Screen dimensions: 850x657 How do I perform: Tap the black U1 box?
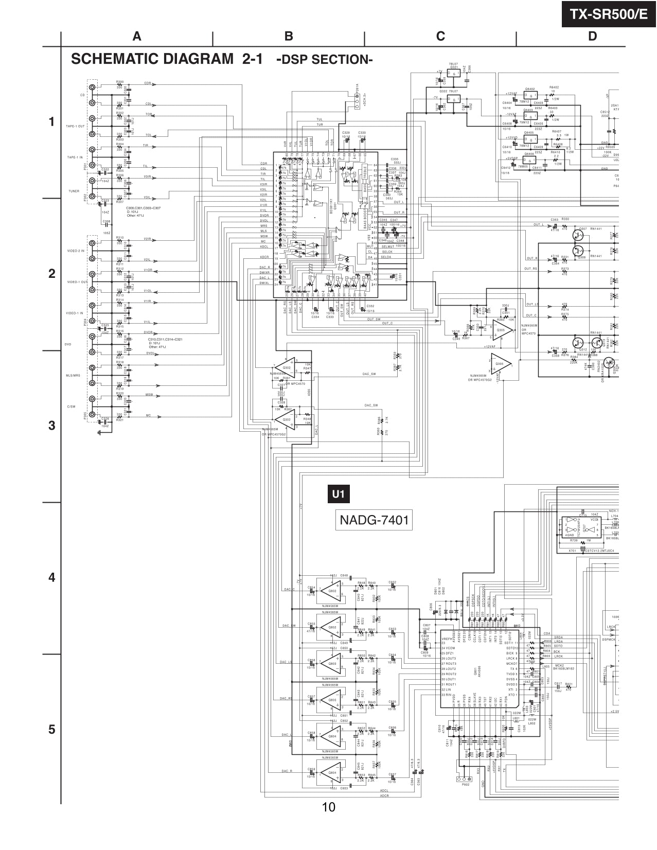click(338, 494)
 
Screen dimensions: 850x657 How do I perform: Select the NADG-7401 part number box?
click(374, 520)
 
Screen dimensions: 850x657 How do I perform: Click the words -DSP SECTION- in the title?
click(325, 60)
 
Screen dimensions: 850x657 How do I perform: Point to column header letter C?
click(440, 36)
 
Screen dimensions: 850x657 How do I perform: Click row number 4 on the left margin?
click(51, 577)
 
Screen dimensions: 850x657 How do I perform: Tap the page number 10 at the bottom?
click(328, 807)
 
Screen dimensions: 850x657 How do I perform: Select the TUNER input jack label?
click(74, 191)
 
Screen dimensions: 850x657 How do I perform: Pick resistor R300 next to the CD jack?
click(119, 82)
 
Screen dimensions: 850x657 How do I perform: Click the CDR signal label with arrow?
click(148, 83)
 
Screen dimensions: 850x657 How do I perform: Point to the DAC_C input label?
click(289, 589)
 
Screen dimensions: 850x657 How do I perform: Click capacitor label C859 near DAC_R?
click(311, 769)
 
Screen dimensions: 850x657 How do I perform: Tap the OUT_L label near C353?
click(538, 224)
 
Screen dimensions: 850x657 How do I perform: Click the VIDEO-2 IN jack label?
click(75, 251)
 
